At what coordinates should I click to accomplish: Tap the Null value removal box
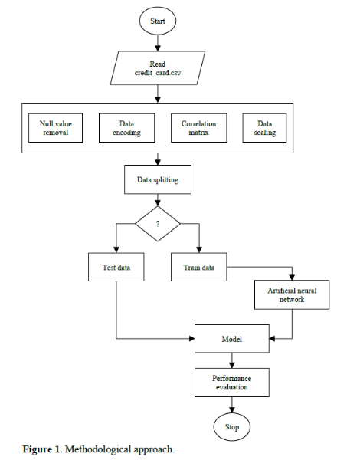55,127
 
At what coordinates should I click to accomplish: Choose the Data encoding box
126,127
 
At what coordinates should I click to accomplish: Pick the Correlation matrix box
198,127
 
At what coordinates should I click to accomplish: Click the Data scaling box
265,127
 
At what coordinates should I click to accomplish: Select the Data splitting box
157,180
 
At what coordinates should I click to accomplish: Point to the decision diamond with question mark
157,224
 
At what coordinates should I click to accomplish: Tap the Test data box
115,268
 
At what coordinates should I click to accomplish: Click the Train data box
198,268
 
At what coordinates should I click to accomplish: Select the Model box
231,337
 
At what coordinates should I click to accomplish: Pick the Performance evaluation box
231,383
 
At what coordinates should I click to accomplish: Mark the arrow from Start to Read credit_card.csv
157,42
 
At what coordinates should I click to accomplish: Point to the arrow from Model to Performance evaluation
231,359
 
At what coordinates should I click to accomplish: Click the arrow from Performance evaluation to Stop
231,405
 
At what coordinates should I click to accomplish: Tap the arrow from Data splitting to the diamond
157,200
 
